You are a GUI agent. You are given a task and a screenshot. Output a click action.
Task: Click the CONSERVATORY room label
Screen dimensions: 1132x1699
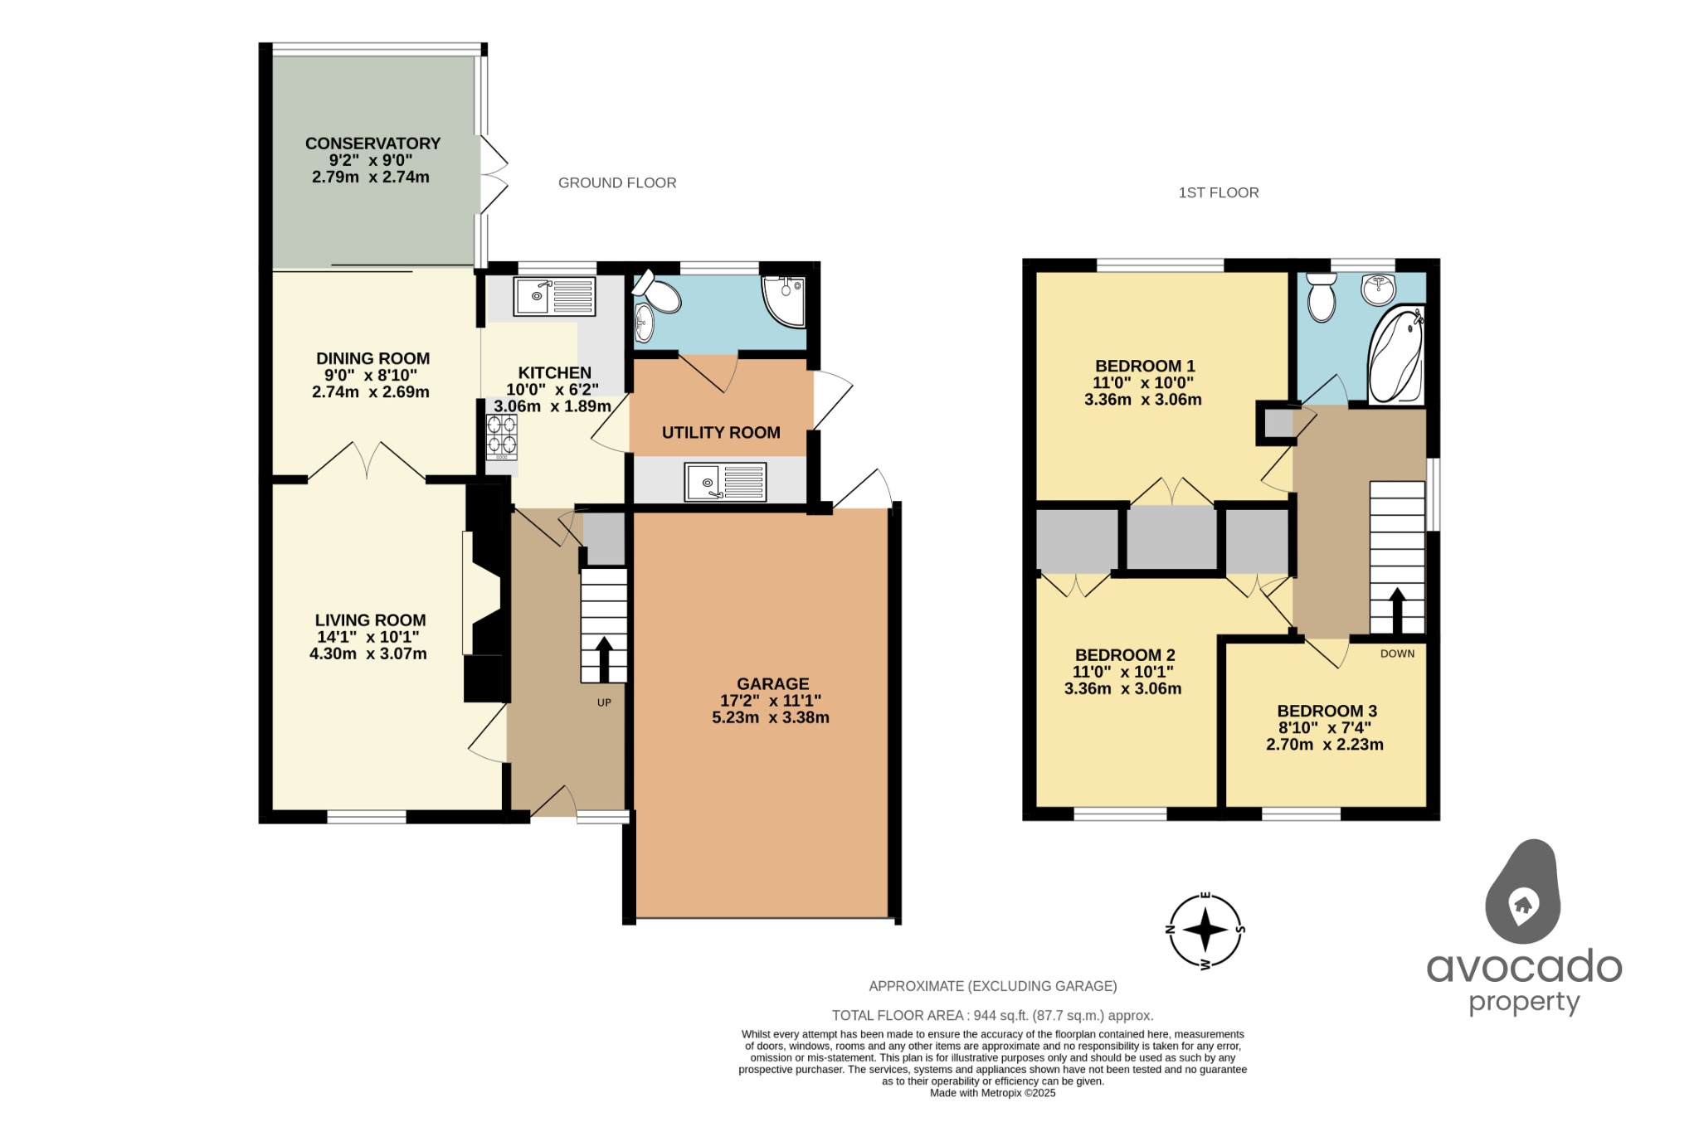[x=372, y=143]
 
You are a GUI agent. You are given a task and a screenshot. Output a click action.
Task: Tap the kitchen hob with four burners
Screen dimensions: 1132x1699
[x=502, y=436]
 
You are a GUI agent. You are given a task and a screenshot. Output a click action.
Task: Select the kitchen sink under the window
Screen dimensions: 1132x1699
[x=554, y=296]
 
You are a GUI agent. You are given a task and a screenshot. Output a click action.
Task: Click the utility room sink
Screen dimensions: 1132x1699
[x=725, y=482]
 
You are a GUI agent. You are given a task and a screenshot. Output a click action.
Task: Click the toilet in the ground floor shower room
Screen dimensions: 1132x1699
[x=657, y=292]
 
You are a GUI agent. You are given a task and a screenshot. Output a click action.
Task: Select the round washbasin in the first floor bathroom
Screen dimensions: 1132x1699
[x=1379, y=289]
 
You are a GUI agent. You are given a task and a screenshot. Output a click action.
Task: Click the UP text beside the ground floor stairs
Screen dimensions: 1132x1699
[x=604, y=702]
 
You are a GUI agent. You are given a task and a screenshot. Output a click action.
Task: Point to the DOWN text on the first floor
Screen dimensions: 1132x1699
[x=1397, y=653]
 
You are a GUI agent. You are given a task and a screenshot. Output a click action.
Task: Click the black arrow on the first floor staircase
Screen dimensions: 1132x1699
[x=1397, y=610]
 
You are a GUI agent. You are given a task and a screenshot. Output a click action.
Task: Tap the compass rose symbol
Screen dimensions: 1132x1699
[x=1205, y=930]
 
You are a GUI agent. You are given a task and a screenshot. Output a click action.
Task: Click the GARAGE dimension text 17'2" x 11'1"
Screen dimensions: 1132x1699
[x=771, y=701]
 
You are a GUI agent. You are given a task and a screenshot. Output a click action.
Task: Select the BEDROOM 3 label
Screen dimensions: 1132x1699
[x=1327, y=711]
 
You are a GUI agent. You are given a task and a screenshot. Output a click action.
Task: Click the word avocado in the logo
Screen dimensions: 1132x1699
[x=1524, y=967]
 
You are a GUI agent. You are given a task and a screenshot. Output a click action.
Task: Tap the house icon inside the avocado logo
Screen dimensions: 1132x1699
[x=1522, y=904]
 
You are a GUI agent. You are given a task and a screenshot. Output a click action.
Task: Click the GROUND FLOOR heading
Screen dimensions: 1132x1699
[x=617, y=182]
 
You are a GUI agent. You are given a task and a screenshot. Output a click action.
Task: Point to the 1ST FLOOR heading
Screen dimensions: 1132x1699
[x=1219, y=192]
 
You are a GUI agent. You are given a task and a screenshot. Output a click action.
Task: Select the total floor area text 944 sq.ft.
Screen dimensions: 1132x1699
[x=992, y=1015]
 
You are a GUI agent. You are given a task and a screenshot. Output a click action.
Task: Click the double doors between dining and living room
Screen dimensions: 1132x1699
[x=367, y=461]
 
